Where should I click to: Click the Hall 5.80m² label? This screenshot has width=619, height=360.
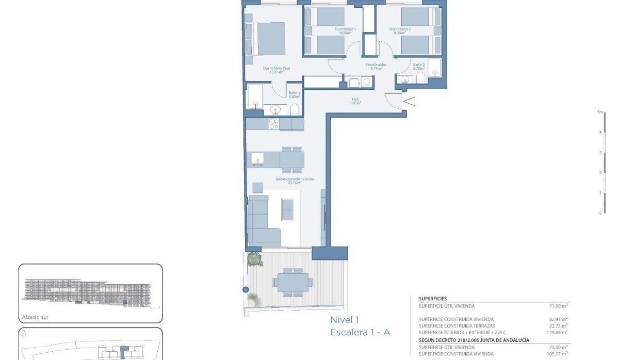pyautogui.click(x=355, y=101)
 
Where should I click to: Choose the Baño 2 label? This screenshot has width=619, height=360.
pyautogui.click(x=418, y=66)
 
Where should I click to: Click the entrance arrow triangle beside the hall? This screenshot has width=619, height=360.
pyautogui.click(x=409, y=102)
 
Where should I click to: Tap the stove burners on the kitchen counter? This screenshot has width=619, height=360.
pyautogui.click(x=273, y=124)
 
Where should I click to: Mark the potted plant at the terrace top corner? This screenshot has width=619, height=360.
pyautogui.click(x=253, y=259)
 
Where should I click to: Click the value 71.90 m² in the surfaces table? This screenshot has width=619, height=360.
pyautogui.click(x=558, y=306)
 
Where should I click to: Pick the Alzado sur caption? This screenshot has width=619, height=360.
pyautogui.click(x=35, y=317)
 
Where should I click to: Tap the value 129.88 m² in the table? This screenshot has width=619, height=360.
pyautogui.click(x=557, y=333)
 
